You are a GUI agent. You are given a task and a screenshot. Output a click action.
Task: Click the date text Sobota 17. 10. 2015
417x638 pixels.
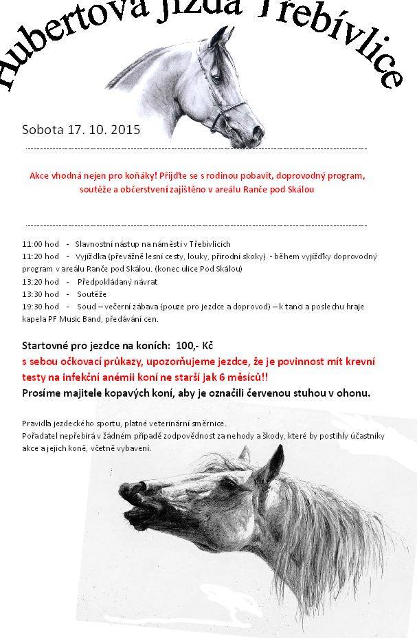click(x=81, y=129)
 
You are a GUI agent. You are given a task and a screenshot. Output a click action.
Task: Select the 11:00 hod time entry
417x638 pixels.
click(x=41, y=244)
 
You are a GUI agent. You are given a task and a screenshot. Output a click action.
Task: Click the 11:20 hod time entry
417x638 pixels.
click(x=41, y=256)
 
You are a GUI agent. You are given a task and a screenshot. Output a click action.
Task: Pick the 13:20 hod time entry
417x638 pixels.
click(x=41, y=281)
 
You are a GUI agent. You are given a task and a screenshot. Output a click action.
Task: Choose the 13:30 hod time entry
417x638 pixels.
click(x=41, y=294)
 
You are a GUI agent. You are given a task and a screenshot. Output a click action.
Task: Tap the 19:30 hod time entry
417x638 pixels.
click(x=41, y=307)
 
